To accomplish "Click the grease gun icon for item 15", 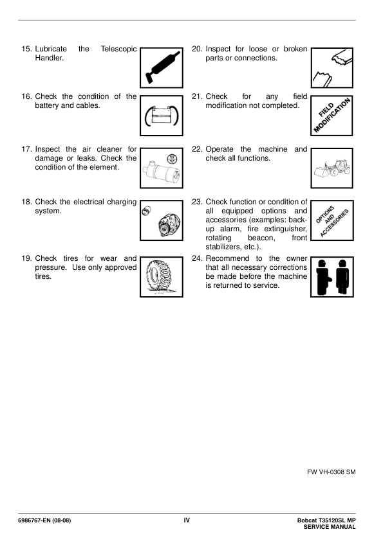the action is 162,67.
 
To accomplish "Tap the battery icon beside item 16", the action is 162,116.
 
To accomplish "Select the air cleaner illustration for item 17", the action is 162,168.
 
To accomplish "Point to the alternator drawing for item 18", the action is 162,220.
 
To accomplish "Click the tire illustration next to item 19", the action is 162,277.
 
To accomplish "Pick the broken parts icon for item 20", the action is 332,67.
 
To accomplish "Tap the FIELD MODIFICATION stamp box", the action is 332,116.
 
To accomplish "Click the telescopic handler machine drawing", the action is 332,168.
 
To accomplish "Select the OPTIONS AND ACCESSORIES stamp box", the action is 332,220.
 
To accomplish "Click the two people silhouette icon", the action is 332,277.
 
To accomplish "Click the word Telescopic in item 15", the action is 118,49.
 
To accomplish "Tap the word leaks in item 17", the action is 86,158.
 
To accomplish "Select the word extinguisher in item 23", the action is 286,229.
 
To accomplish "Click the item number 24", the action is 197,258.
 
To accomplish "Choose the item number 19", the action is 26,258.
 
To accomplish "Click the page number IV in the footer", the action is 187,520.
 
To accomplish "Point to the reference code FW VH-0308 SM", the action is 331,472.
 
